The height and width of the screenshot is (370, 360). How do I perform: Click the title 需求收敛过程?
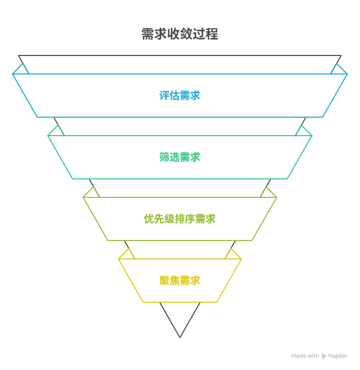[x=180, y=34]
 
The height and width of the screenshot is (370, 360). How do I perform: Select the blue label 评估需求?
[x=180, y=95]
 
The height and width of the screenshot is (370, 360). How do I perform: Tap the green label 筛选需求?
[x=180, y=157]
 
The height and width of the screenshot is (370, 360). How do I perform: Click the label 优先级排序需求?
[x=180, y=218]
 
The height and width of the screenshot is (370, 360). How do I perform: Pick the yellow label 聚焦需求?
[x=180, y=280]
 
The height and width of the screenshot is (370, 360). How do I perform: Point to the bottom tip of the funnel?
[x=180, y=337]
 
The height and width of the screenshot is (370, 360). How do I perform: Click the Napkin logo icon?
[x=324, y=356]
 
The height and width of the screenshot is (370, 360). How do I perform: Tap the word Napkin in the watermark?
[x=338, y=356]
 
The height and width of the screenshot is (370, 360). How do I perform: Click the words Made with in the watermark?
[x=305, y=356]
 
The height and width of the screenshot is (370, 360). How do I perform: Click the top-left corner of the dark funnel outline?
[x=19, y=55]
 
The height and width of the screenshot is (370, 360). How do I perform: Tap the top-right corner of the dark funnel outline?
[x=340, y=55]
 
